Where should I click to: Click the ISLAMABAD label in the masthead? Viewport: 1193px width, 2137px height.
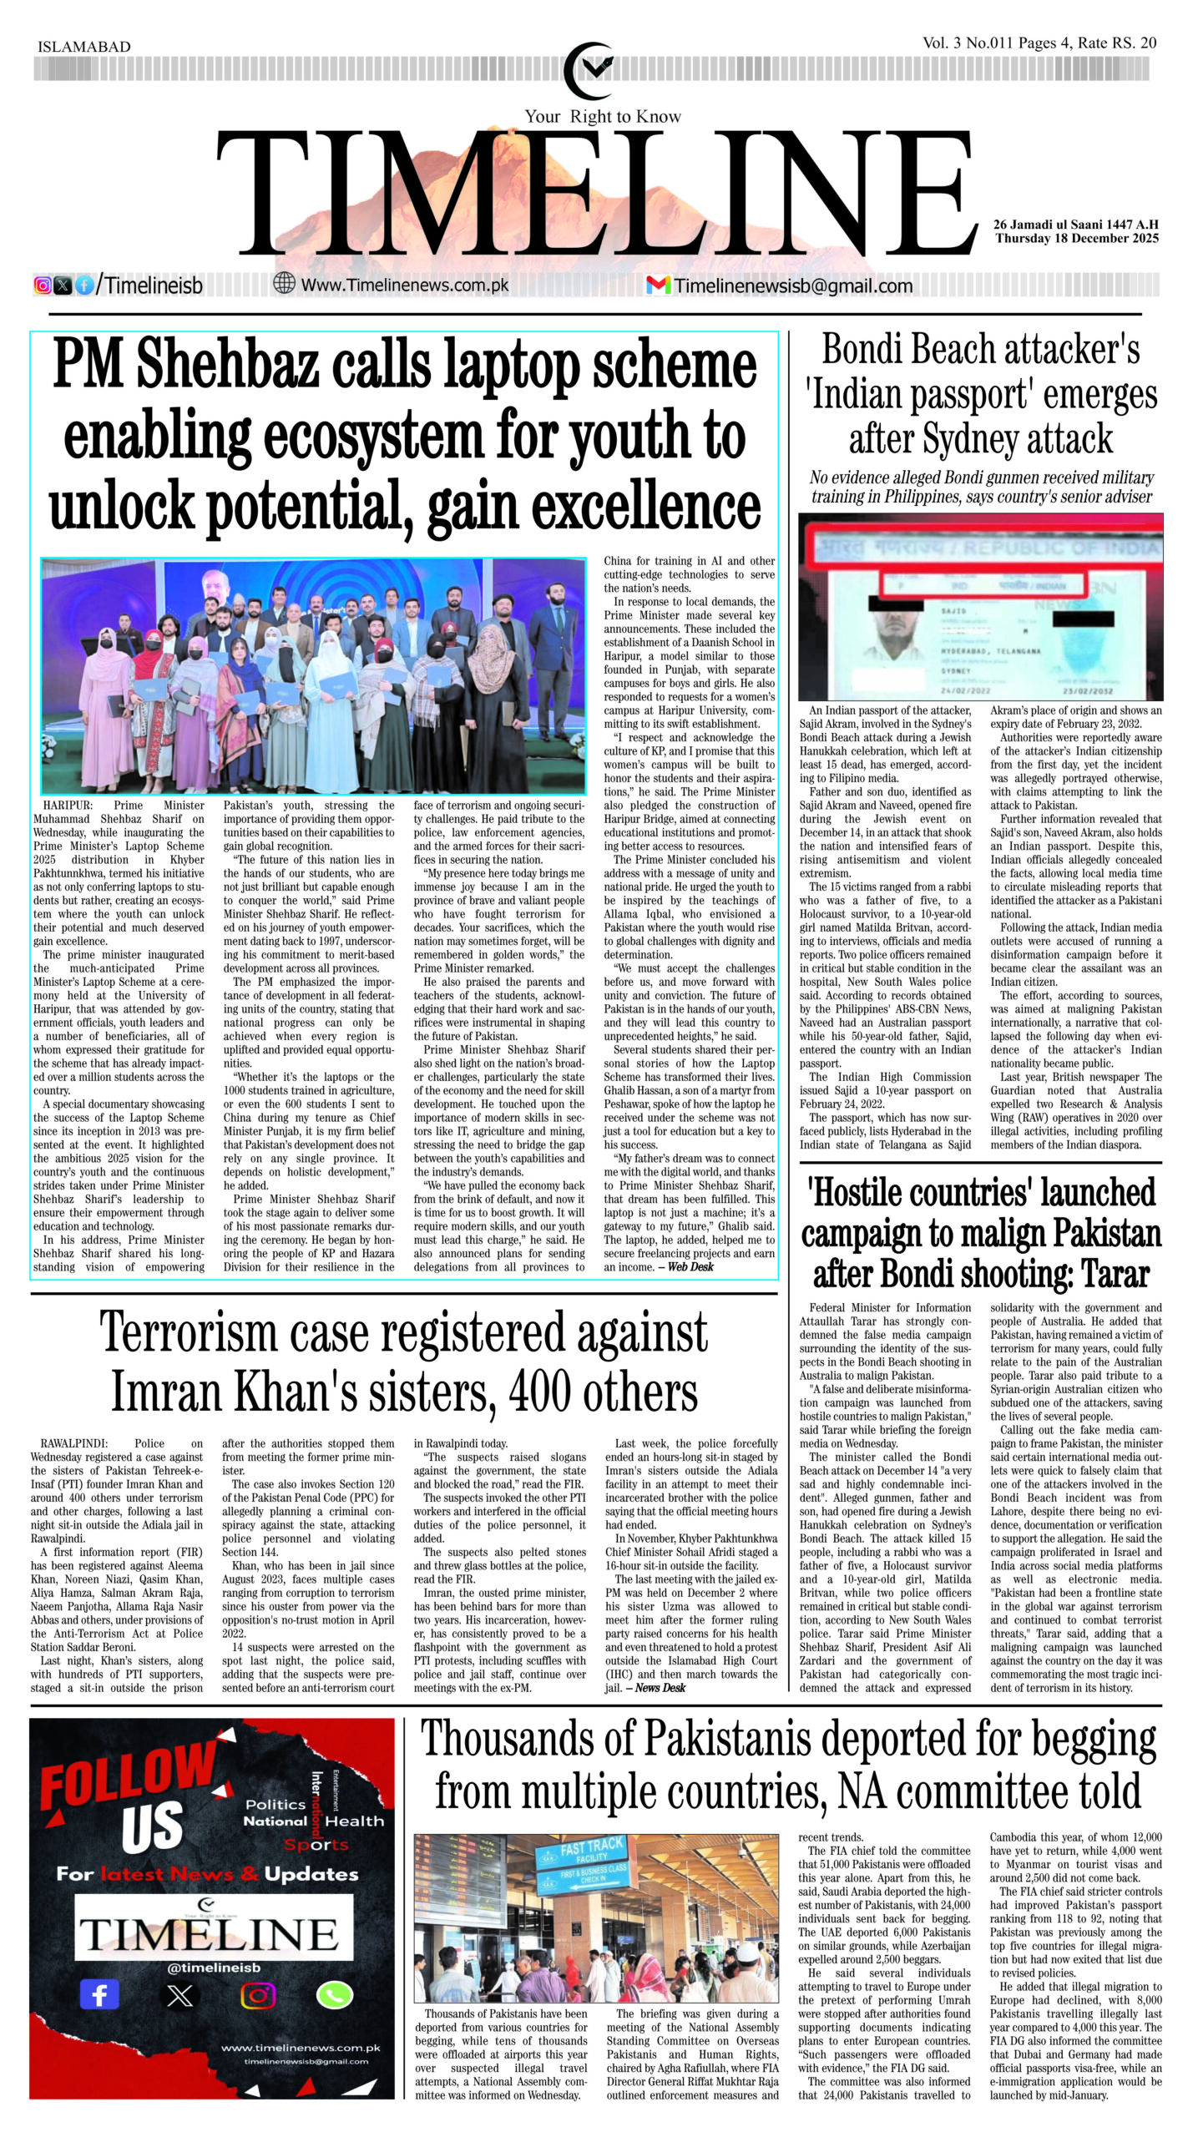coord(84,47)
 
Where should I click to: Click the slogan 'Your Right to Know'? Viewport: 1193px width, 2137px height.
coord(602,116)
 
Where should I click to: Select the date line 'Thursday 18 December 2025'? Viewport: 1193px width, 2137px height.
coord(1076,238)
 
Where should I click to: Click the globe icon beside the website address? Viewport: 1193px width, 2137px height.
coord(285,285)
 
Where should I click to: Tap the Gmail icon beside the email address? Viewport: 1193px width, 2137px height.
coord(658,285)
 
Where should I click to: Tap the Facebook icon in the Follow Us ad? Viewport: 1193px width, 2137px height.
coord(99,1996)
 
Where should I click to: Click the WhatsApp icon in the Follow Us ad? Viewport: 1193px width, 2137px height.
coord(335,1996)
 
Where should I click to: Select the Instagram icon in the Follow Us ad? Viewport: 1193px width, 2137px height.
coord(258,1996)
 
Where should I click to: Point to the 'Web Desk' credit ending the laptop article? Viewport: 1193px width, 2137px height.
coord(690,1267)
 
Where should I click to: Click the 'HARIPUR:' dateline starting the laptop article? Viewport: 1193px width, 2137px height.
coord(68,806)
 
